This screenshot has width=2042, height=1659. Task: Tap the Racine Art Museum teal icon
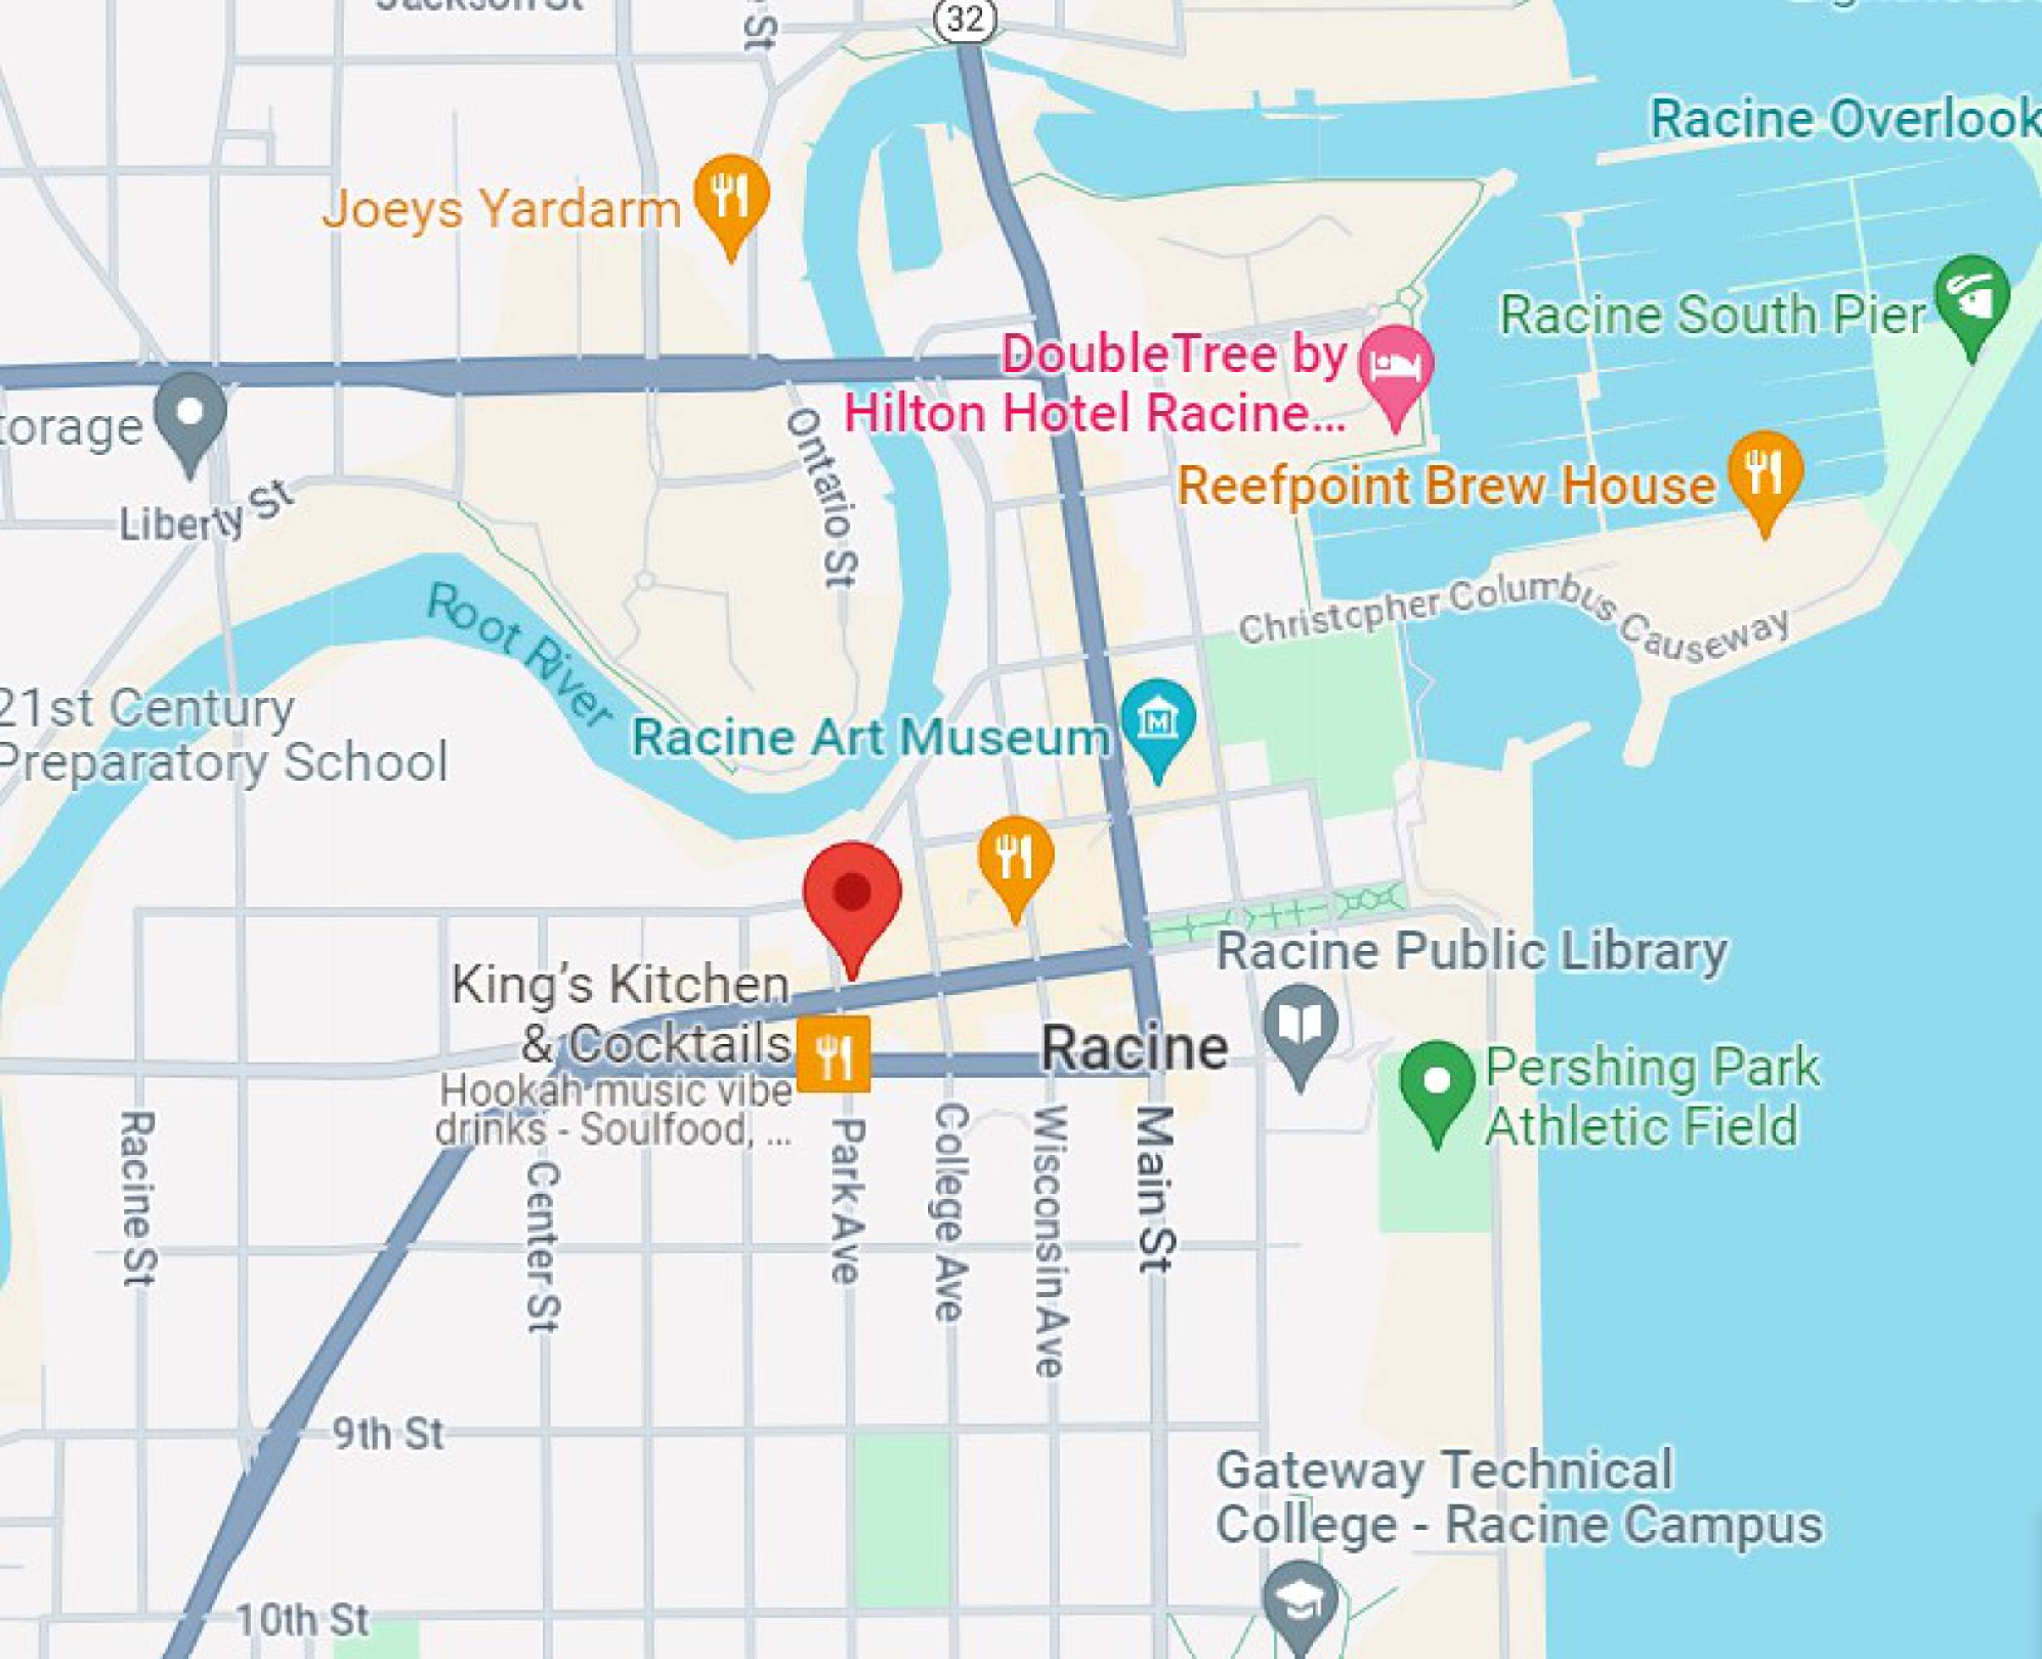(1157, 721)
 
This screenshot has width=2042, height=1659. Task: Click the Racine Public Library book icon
(1299, 1026)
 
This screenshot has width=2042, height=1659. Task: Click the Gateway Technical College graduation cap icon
(1299, 1598)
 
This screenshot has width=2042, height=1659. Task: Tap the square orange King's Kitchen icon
(833, 1053)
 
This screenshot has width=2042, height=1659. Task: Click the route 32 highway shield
(966, 19)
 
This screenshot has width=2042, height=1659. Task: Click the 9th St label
(387, 1434)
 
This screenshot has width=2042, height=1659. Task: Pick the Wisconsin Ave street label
(1049, 1239)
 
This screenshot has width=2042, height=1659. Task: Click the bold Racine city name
(1133, 1048)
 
